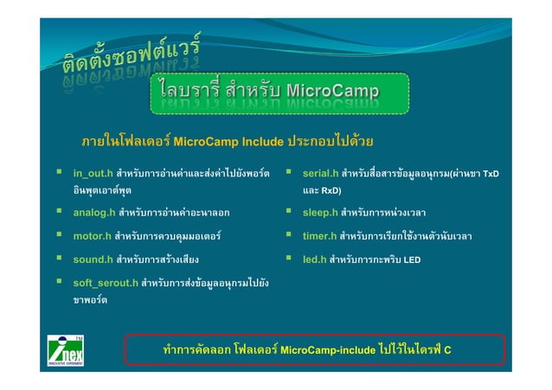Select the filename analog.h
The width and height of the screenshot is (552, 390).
(x=94, y=212)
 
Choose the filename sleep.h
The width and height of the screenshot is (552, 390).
(x=319, y=212)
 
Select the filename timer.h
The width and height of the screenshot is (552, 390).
(x=319, y=235)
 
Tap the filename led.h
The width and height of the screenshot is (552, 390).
(x=314, y=259)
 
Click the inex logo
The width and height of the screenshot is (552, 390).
(x=65, y=351)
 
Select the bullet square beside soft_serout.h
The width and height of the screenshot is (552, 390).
(x=59, y=282)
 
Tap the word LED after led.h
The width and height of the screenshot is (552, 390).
(x=412, y=259)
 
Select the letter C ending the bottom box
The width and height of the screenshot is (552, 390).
(x=448, y=350)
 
